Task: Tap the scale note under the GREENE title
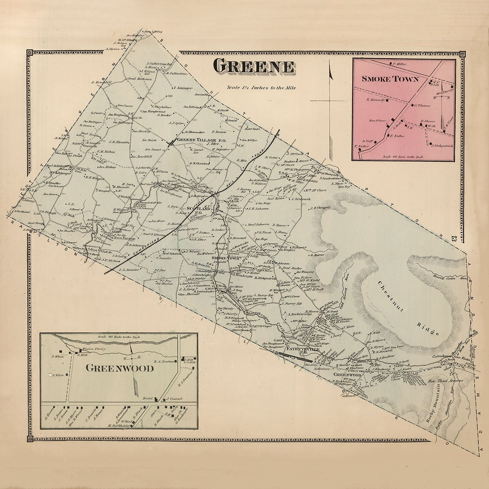tap(262, 87)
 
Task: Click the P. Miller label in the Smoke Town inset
tap(401, 64)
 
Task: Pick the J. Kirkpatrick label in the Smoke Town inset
tap(442, 145)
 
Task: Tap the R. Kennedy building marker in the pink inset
tap(388, 99)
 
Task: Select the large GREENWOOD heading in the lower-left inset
tap(119, 368)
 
